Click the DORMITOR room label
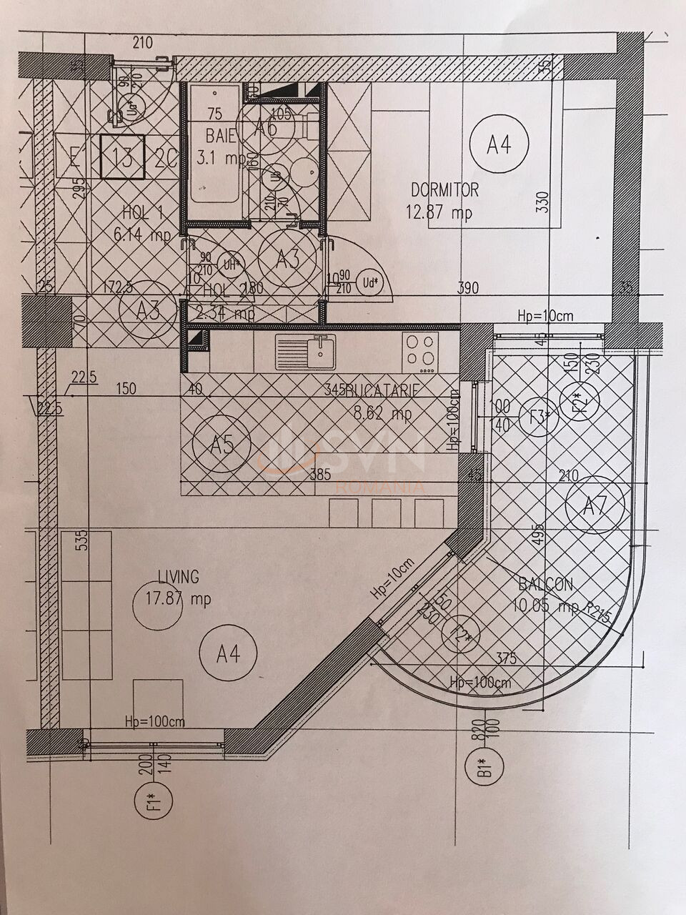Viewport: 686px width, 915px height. tap(444, 190)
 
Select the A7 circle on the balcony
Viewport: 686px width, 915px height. tap(595, 506)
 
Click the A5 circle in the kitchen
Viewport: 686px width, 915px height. tap(222, 446)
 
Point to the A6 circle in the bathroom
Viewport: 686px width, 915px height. tap(266, 129)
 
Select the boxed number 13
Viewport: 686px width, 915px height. tap(123, 157)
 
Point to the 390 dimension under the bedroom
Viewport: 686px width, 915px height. tap(468, 288)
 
